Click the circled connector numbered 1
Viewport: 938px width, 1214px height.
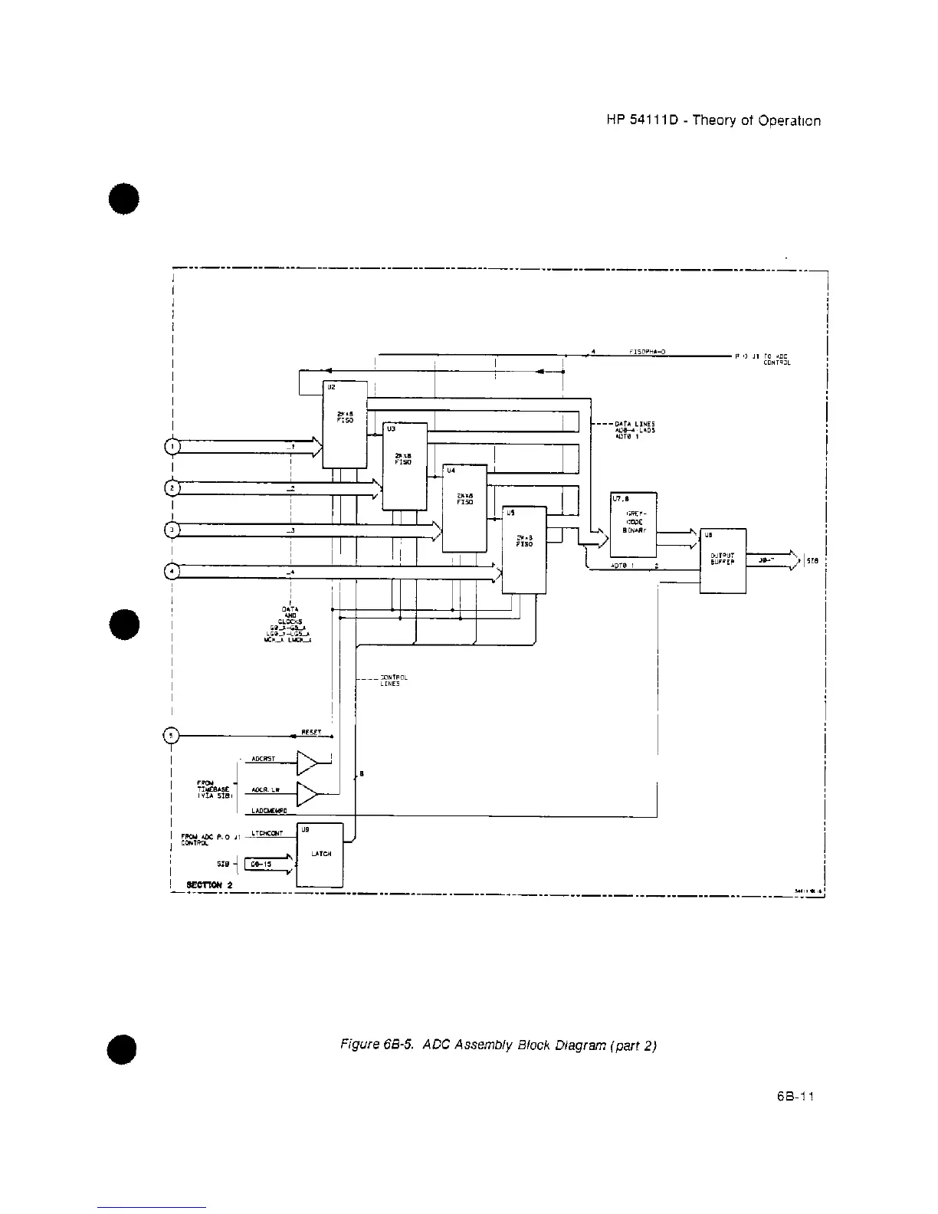click(173, 446)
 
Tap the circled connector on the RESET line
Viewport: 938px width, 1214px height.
click(172, 736)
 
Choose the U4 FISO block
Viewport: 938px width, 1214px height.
click(465, 507)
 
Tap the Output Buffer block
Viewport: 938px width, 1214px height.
click(723, 560)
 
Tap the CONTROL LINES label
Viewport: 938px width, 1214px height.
click(393, 681)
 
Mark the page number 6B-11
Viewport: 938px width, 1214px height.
click(793, 1096)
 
